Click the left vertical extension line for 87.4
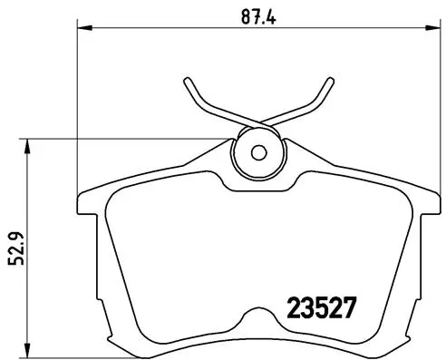[x=77, y=109]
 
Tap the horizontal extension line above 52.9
[x=118, y=139]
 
